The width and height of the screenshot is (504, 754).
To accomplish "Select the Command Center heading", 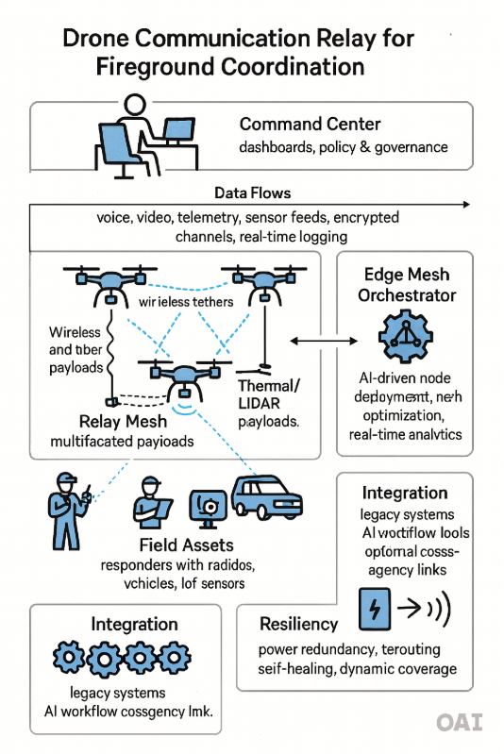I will tap(309, 124).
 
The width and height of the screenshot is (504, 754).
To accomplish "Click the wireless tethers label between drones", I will tap(188, 303).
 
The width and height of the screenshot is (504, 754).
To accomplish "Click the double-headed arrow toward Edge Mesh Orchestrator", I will tap(318, 340).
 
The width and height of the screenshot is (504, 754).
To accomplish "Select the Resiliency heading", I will tap(299, 624).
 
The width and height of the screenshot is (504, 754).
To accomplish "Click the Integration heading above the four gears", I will tap(134, 624).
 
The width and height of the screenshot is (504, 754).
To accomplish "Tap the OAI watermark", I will tap(460, 723).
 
